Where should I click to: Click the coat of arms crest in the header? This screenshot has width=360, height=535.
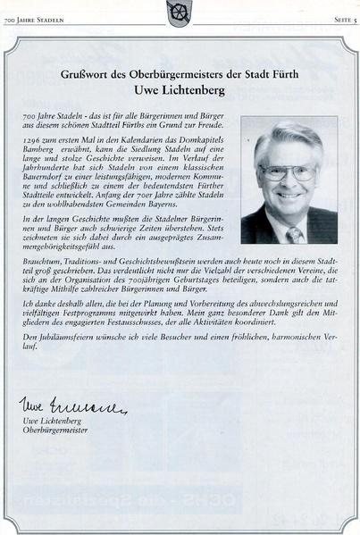coord(180,12)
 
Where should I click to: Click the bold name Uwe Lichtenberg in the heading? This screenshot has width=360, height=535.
coord(180,91)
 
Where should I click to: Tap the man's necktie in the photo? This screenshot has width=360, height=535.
coord(293,234)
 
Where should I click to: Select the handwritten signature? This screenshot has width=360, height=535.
coord(72,406)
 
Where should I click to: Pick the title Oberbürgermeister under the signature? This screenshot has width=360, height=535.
coord(55,431)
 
